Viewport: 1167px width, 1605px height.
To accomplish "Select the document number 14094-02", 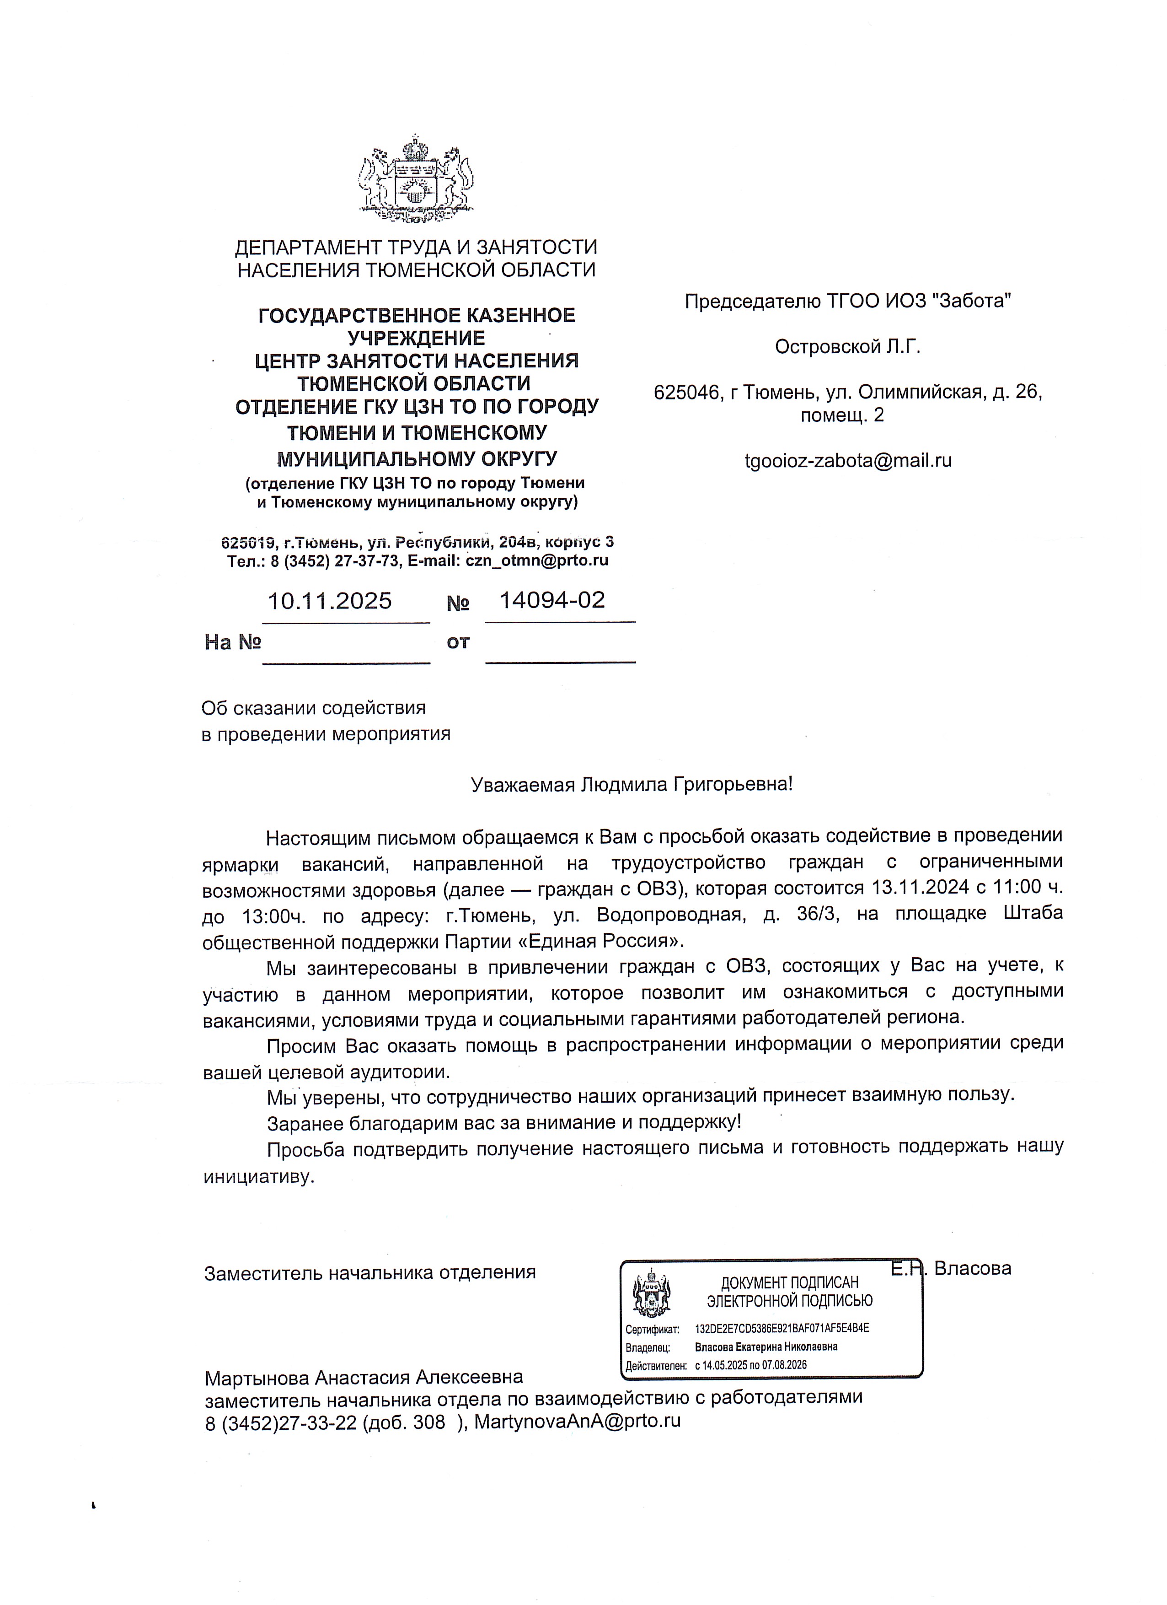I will pyautogui.click(x=552, y=600).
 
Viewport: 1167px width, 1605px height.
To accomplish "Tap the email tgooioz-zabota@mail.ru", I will pyautogui.click(x=848, y=461).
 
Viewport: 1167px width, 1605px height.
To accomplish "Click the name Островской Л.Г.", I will pyautogui.click(x=847, y=347).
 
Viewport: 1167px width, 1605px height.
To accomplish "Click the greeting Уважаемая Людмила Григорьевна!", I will pyautogui.click(x=632, y=784).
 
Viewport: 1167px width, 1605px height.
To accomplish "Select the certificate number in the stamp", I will pyautogui.click(x=782, y=1328).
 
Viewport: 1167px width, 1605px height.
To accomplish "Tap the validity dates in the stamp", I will pyautogui.click(x=751, y=1365).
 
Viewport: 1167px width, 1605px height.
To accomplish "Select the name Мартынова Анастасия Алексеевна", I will pyautogui.click(x=364, y=1377).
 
